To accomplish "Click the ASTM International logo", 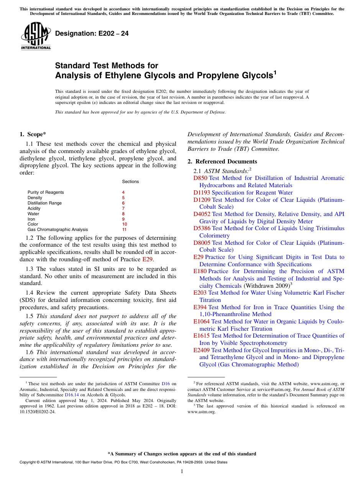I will pos(36,36).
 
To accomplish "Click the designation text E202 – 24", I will pos(92,34).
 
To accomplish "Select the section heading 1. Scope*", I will pos(33,134).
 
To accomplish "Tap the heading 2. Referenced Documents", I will pos(222,162).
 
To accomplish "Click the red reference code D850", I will pos(200,178).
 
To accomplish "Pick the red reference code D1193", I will pos(202,193).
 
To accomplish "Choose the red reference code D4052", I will pos(202,214).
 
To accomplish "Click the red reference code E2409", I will pos(202,350).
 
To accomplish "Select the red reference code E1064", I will pos(202,321).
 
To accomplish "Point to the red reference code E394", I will pos(200,307).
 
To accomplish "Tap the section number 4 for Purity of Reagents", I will pos(123,192).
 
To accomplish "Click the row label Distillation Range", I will pos(44,203).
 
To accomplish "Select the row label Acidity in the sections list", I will pos(34,208).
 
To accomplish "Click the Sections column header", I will pos(130,181).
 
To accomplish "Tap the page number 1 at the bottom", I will pos(182,471).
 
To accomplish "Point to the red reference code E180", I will pos(200,271).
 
